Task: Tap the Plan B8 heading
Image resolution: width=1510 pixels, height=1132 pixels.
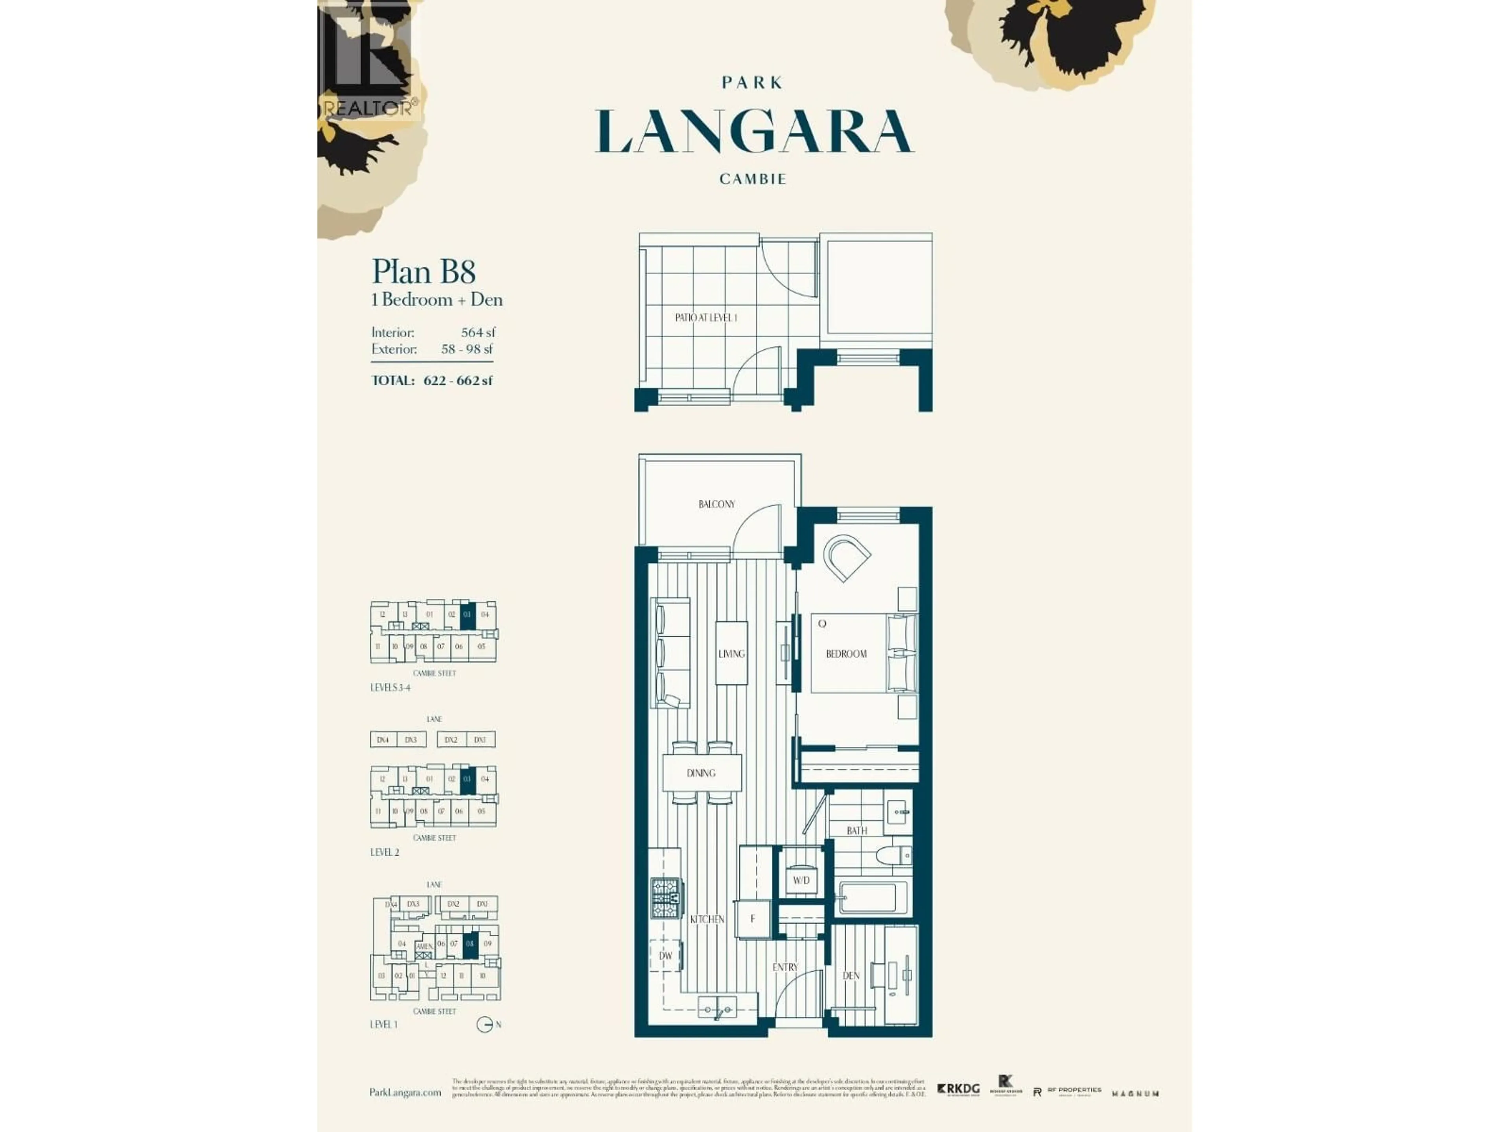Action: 423,272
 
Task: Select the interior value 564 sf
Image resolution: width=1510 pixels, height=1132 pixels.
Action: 478,332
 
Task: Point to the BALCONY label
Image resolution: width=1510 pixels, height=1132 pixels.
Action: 717,504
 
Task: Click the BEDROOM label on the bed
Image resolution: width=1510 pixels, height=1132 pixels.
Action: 846,654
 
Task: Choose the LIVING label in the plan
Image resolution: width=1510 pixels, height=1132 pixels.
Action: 731,654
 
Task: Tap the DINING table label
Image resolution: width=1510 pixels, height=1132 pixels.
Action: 701,773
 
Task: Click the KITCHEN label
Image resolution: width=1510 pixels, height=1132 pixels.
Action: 707,919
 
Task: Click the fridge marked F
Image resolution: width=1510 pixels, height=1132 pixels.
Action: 753,919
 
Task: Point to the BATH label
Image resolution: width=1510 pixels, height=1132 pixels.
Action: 857,831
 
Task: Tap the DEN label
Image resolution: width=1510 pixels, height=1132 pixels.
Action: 851,976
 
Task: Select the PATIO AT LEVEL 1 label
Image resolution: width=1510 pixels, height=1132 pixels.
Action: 706,317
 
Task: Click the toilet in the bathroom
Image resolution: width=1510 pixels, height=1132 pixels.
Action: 894,856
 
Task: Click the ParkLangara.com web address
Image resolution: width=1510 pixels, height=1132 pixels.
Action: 405,1092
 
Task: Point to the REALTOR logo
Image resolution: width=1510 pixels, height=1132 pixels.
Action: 366,61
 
